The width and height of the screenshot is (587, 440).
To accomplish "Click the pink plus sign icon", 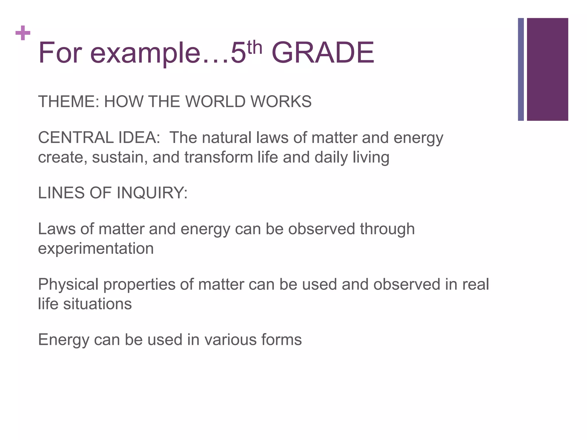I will (23, 33).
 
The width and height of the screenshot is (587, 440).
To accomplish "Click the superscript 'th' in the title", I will (255, 48).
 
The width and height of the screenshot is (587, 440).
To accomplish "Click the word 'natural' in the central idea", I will (227, 138).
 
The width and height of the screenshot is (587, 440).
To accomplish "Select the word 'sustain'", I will (120, 158).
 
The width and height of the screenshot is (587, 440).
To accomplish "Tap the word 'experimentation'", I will (96, 248).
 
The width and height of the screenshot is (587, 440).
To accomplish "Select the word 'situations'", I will (97, 304).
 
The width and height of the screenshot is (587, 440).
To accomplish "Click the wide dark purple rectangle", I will (547, 69).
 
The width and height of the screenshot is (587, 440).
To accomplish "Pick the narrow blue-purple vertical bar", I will (521, 69).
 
